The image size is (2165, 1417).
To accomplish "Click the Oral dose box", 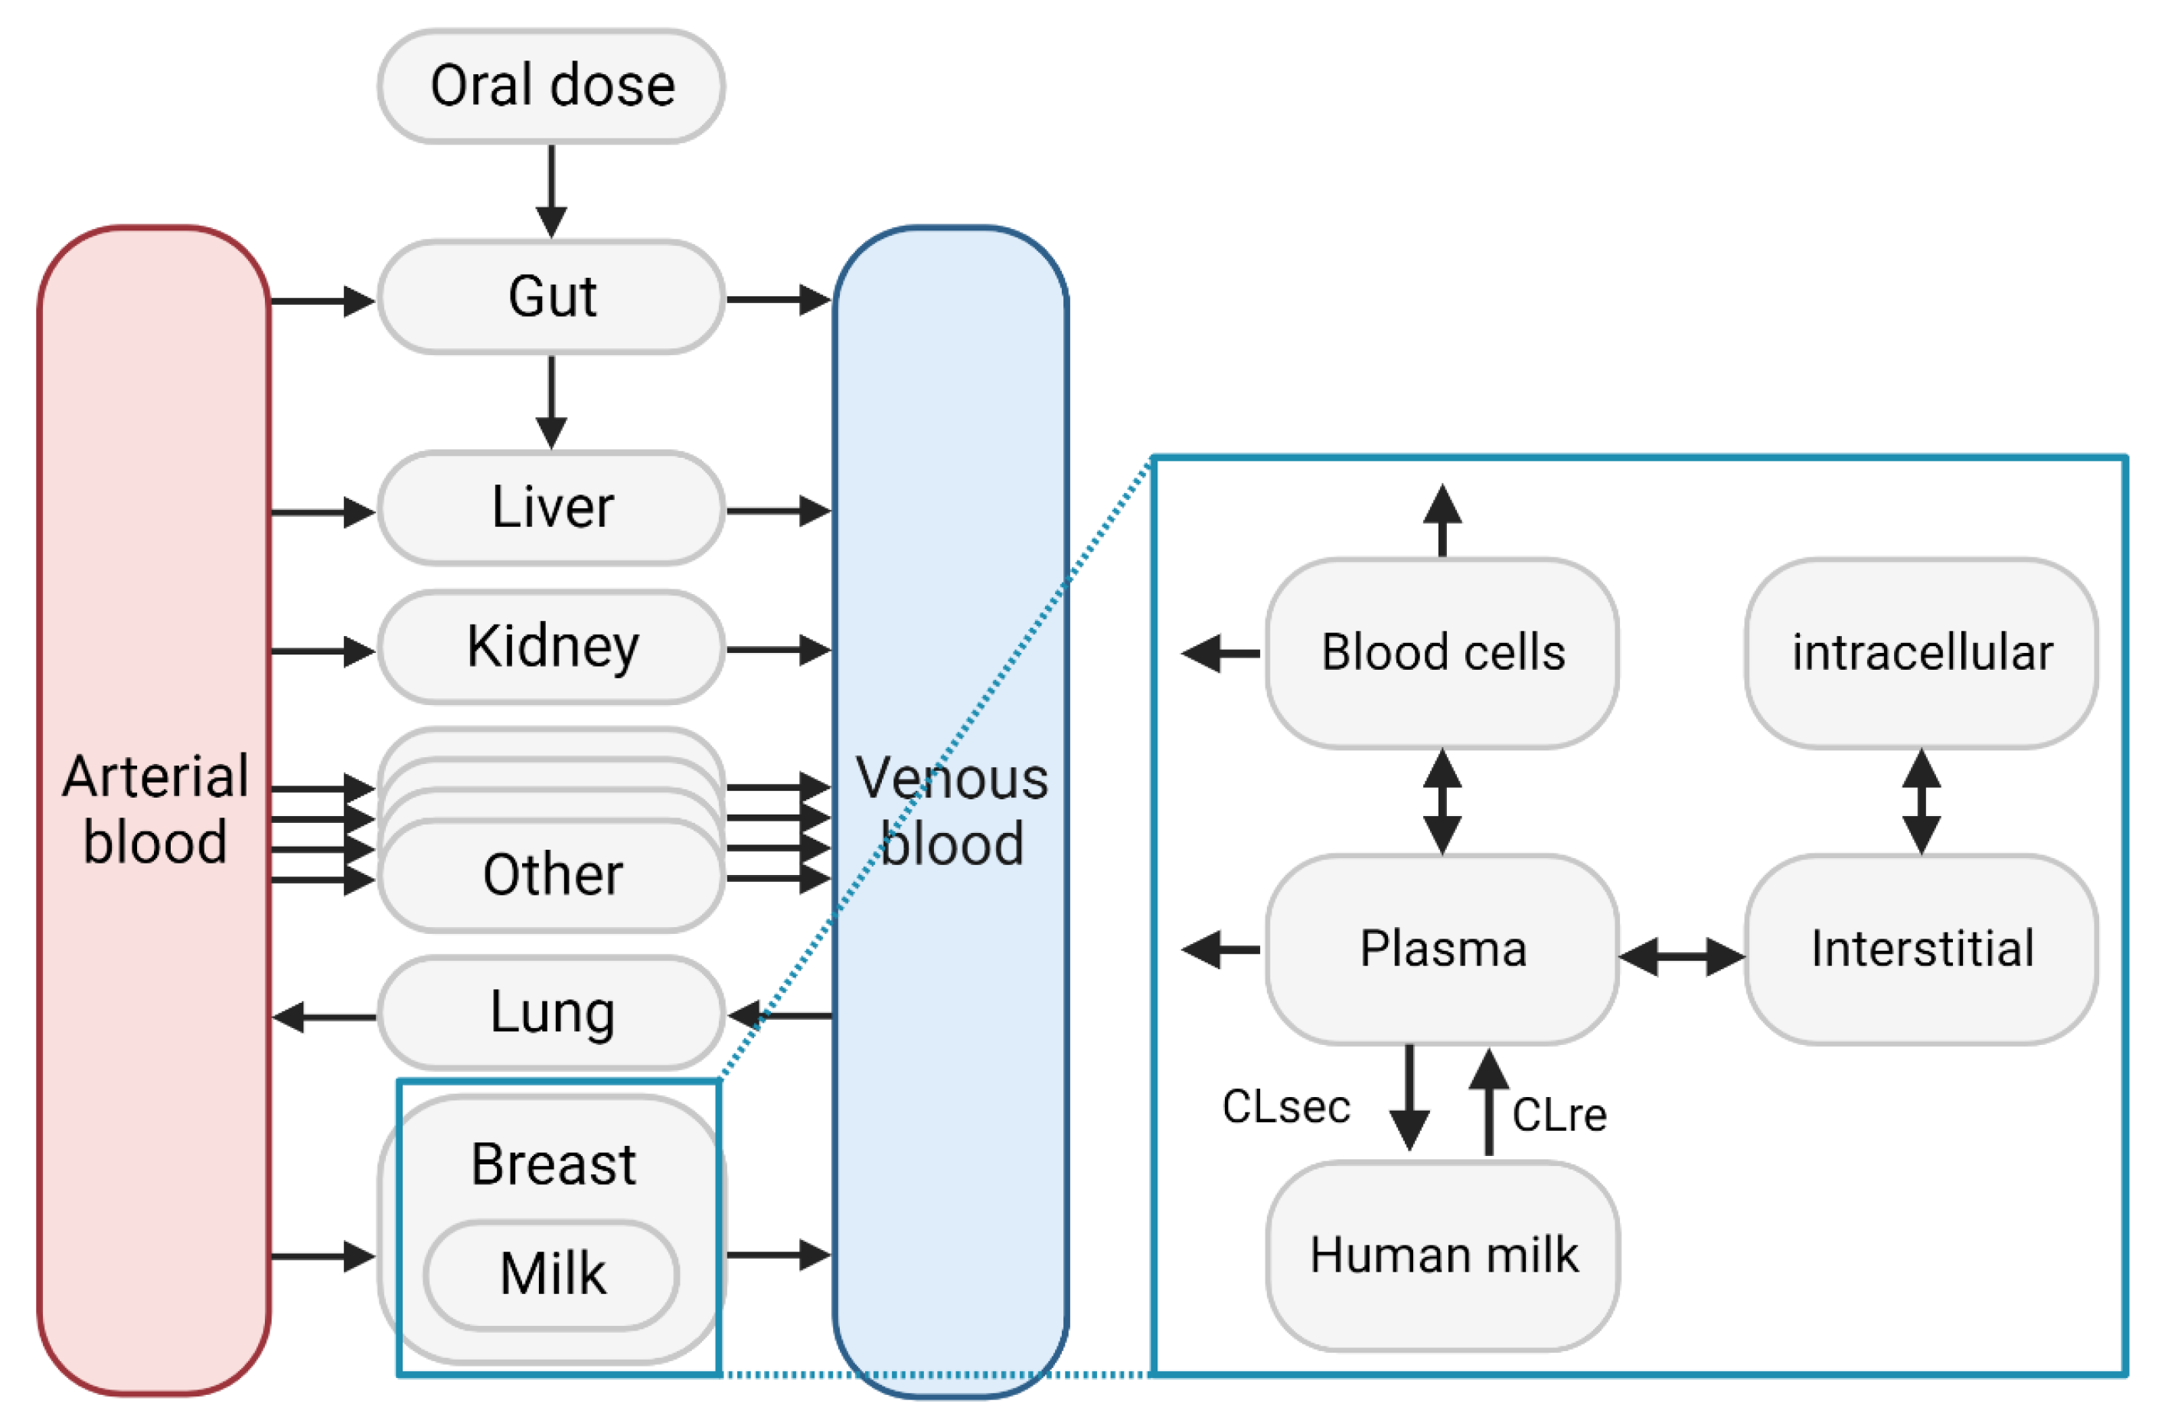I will (551, 87).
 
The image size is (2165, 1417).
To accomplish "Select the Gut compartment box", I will (551, 296).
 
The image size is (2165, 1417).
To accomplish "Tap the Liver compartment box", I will (551, 508).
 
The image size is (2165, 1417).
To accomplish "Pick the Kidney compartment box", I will (551, 647).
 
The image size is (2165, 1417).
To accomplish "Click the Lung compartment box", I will (551, 1012).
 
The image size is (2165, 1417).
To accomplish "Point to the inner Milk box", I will (551, 1273).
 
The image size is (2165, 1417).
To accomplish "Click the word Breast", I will (553, 1164).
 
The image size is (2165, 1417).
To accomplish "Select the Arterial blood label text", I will (155, 808).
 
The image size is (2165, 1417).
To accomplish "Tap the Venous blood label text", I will (952, 811).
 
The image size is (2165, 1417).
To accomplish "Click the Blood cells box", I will (1443, 653).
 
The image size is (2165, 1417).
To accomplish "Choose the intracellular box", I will (1922, 653).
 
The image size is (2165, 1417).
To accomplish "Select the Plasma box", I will (1443, 949).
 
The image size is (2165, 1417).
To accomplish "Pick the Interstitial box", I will (1922, 949).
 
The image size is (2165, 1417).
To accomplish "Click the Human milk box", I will (1443, 1255).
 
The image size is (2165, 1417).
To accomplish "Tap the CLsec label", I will (1285, 1107).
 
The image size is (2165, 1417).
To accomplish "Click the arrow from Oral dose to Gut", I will (551, 190).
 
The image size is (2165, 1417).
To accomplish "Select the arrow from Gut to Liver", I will (551, 401).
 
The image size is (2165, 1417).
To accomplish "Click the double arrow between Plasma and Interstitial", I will (1681, 957).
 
